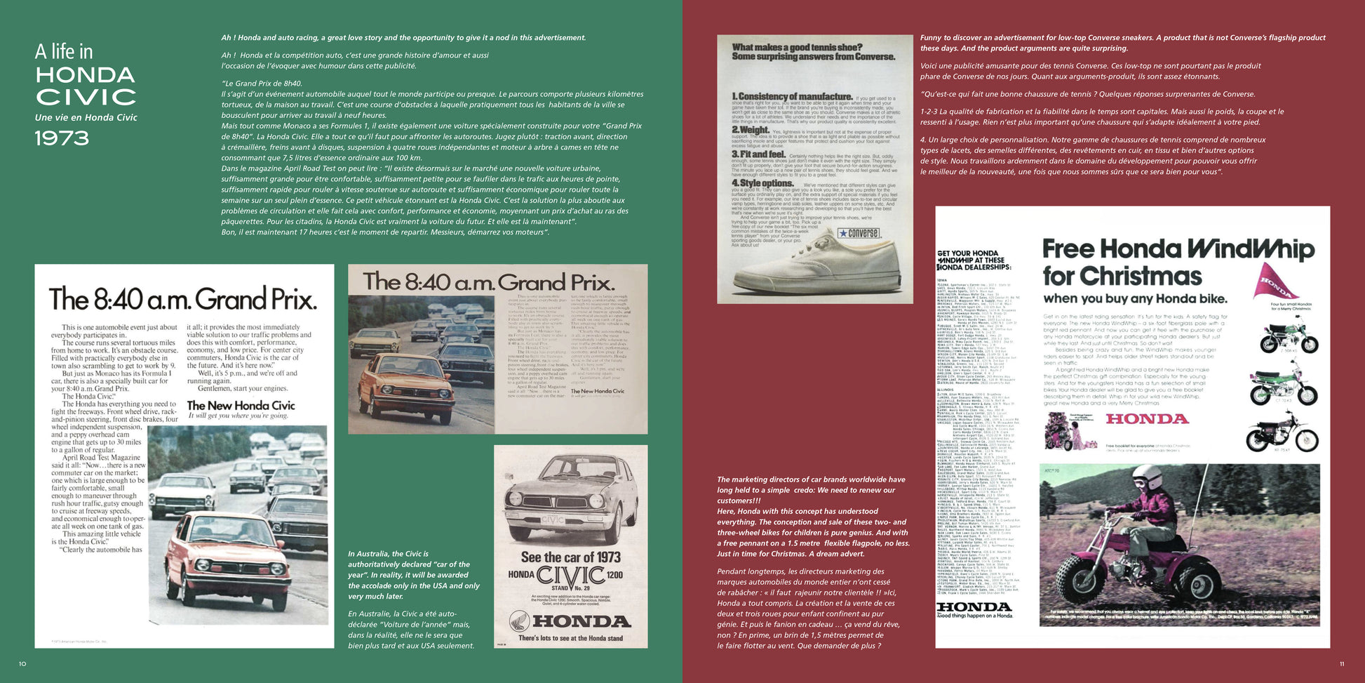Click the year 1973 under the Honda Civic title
(62, 138)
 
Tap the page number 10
(22, 663)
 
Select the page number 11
(1342, 663)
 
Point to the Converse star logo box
(859, 233)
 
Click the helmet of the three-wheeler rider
(1145, 479)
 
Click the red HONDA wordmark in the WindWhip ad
(1147, 419)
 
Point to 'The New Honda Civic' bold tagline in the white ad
(241, 405)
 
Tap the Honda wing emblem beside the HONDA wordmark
(519, 621)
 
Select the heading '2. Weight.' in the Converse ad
(751, 130)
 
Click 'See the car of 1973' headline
(570, 557)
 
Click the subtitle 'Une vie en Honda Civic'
(86, 117)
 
